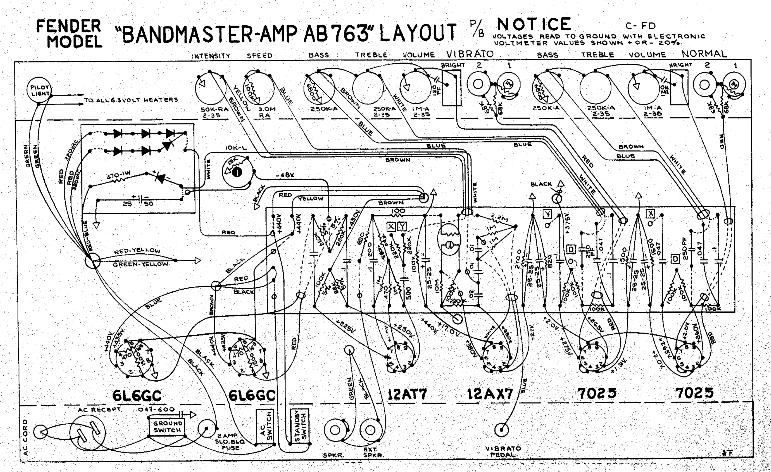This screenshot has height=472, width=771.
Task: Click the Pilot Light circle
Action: tap(39, 90)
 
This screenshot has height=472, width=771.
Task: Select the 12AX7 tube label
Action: tap(490, 394)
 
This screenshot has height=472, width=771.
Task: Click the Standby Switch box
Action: tap(299, 426)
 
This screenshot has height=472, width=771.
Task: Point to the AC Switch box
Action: tap(265, 427)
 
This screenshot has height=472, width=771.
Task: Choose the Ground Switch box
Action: tap(167, 427)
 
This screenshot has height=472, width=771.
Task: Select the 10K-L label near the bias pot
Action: tap(236, 147)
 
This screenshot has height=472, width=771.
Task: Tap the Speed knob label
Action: tap(259, 56)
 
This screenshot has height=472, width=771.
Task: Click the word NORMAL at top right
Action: tap(704, 54)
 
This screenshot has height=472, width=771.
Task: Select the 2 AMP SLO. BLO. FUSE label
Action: tap(230, 442)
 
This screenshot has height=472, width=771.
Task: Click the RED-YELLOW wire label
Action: tap(137, 251)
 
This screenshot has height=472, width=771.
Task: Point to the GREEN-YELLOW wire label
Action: tap(140, 264)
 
